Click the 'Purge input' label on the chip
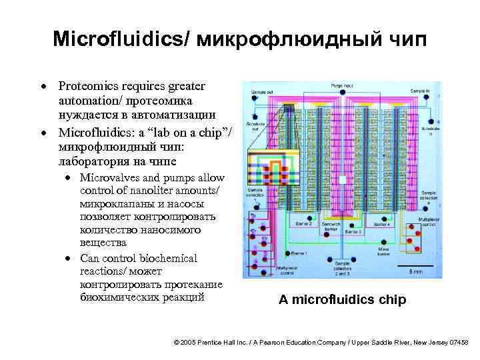(342, 86)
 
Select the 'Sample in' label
(420, 90)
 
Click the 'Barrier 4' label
(383, 225)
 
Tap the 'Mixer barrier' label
(383, 251)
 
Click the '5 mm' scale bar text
(415, 271)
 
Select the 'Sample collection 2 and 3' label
(343, 269)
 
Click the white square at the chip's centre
(342, 180)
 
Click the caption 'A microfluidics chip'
(342, 299)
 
